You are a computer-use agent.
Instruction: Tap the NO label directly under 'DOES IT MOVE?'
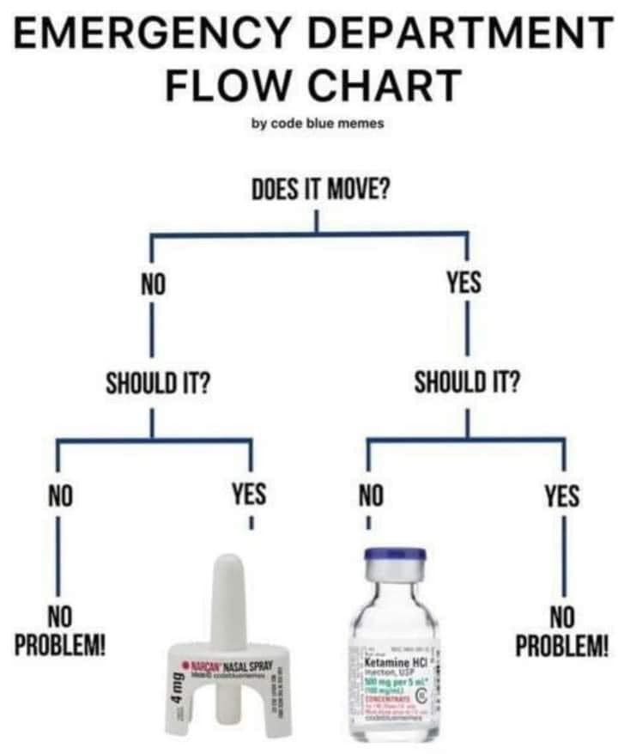(152, 283)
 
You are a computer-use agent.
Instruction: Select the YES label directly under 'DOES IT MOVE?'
(464, 283)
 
